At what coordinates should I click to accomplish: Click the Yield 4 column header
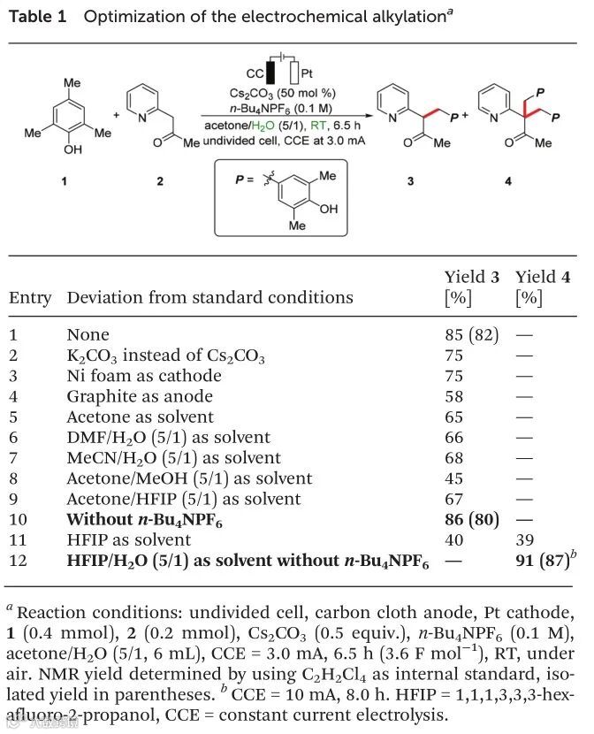pyautogui.click(x=542, y=278)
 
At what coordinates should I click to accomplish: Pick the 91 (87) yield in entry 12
pyautogui.click(x=544, y=560)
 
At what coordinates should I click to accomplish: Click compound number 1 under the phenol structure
pyautogui.click(x=72, y=182)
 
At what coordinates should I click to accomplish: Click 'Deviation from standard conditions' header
pyautogui.click(x=209, y=297)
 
